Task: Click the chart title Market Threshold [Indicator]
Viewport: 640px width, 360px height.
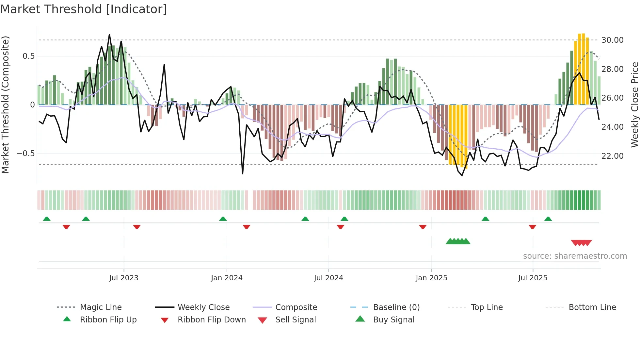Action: point(84,9)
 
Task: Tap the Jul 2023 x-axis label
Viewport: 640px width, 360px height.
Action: point(124,278)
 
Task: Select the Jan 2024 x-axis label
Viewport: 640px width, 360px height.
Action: point(227,278)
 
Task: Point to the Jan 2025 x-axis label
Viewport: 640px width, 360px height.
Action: point(431,278)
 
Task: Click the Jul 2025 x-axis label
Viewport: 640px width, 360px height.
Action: point(533,278)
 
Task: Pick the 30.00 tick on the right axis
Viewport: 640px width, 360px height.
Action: point(612,40)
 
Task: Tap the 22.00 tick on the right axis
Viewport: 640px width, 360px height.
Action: point(612,156)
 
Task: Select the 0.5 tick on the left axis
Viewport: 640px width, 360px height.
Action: point(28,56)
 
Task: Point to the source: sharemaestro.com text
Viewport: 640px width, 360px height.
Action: point(575,256)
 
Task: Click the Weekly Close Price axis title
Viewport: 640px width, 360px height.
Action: point(634,105)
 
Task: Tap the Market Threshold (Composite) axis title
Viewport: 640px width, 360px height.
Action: point(5,105)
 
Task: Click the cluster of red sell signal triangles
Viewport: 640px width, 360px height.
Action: point(581,243)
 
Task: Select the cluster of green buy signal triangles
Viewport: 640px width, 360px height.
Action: point(458,241)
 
